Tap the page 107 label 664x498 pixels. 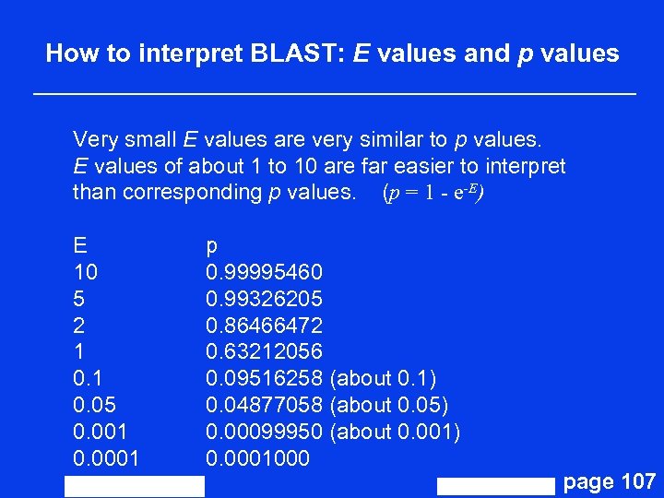point(609,481)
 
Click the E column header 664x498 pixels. point(80,246)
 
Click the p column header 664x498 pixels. point(211,247)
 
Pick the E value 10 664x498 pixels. point(86,273)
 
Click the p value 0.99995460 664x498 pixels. point(264,273)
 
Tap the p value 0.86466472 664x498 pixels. point(264,326)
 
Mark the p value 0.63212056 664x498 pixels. point(264,352)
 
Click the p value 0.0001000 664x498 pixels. point(257,458)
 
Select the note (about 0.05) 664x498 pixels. point(388,405)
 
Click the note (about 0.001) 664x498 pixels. point(395,432)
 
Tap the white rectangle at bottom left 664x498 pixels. point(135,486)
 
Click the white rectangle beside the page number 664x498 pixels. point(496,487)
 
